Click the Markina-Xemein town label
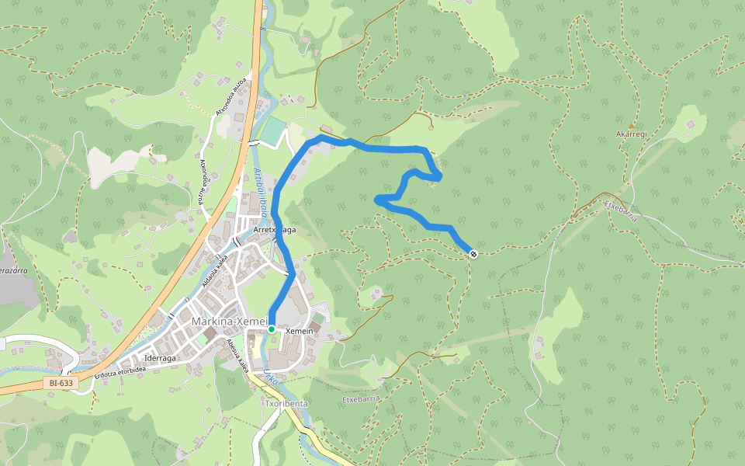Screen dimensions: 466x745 tap(229, 322)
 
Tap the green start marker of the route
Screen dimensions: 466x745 tap(272, 329)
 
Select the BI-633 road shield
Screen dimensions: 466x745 tap(61, 383)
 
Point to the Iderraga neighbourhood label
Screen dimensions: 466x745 tap(161, 358)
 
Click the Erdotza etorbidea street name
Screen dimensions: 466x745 tap(120, 370)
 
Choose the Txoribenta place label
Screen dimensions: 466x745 tap(286, 404)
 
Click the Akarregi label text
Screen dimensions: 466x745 tap(631, 134)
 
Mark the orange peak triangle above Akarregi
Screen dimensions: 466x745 tap(631, 125)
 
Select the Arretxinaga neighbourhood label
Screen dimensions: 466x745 tap(275, 229)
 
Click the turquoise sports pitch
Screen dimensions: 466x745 tap(272, 130)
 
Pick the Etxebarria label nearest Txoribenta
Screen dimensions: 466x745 tap(361, 398)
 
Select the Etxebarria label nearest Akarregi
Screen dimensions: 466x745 tap(620, 210)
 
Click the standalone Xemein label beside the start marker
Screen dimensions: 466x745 tap(299, 332)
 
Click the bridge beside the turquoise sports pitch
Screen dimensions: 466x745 tap(255, 143)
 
